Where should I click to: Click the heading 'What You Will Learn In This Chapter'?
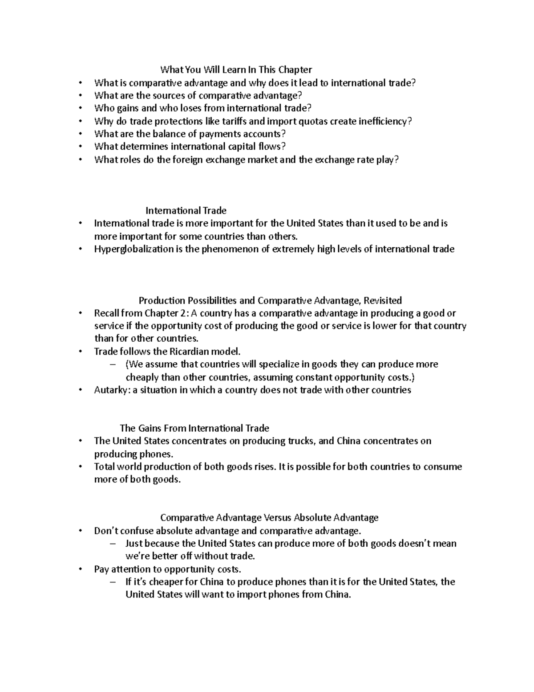tap(236, 70)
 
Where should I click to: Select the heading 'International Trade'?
tap(186, 210)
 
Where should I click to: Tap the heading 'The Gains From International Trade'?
tap(194, 428)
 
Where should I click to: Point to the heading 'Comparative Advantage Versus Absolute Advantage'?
tap(269, 517)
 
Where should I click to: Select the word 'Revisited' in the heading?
tap(383, 300)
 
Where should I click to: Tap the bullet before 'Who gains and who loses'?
tap(80, 108)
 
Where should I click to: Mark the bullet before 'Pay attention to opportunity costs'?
tap(80, 569)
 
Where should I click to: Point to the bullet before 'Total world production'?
tap(80, 467)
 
